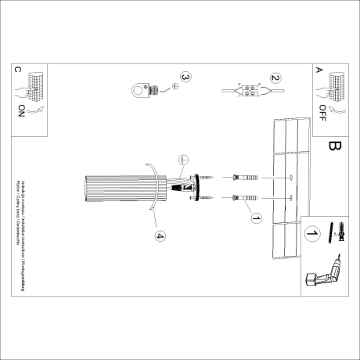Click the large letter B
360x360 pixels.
point(334,146)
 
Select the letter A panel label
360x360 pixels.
point(319,70)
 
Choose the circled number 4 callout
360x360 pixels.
point(159,236)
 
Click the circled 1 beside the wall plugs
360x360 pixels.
point(255,218)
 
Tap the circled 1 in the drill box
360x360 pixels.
point(312,232)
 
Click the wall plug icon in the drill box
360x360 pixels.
point(342,232)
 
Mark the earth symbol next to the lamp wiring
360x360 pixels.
point(181,158)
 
